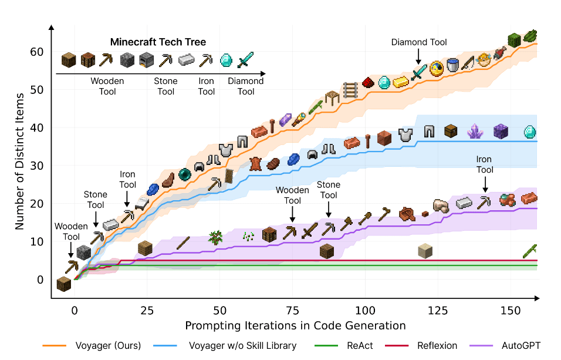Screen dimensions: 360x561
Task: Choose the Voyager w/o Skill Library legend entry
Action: point(241,345)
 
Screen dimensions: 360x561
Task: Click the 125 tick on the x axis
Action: point(438,310)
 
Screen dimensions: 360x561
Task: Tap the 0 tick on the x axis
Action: point(74,310)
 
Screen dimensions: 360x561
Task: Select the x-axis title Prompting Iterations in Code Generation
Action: point(295,325)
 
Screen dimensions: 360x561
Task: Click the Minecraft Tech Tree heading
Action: point(158,42)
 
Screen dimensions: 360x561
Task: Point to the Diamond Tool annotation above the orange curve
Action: point(419,42)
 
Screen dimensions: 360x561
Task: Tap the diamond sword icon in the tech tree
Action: point(245,59)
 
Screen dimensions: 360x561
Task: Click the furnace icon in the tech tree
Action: point(146,59)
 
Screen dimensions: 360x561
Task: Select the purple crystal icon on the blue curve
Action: point(474,132)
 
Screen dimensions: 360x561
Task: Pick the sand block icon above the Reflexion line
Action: point(425,251)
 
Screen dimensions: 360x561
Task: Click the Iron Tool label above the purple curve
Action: point(484,164)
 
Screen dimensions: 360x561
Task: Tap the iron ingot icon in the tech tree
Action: point(187,59)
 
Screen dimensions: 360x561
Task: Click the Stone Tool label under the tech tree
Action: point(166,86)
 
